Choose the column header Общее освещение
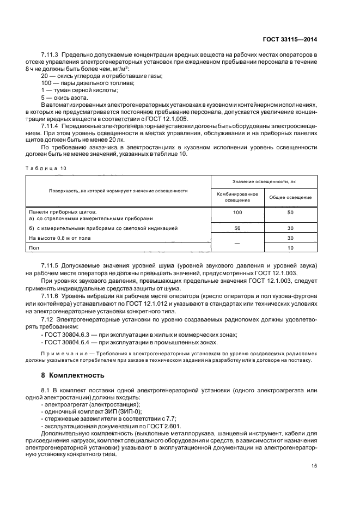click(291, 197)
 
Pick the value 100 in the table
click(237, 211)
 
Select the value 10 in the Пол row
click(291, 247)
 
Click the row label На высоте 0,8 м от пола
click(60, 238)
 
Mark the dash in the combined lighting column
click(237, 242)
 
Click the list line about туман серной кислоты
click(74, 89)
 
